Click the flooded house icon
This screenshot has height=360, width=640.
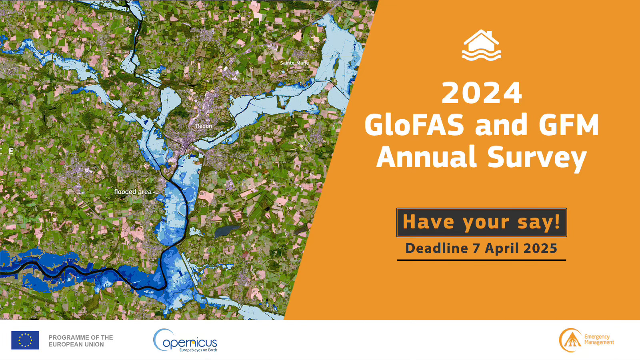pyautogui.click(x=482, y=45)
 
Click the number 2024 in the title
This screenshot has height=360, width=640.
pyautogui.click(x=482, y=93)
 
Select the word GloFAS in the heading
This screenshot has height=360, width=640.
pyautogui.click(x=414, y=125)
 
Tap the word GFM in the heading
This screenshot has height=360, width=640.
pyautogui.click(x=568, y=125)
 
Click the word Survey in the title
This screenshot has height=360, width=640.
pyautogui.click(x=537, y=159)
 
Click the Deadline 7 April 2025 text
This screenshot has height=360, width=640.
pyautogui.click(x=482, y=248)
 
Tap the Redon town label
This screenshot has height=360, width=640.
pyautogui.click(x=204, y=126)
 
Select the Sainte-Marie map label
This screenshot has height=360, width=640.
pyautogui.click(x=294, y=63)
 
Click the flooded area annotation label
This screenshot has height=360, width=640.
pyautogui.click(x=133, y=192)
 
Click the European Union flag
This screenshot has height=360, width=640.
pyautogui.click(x=25, y=340)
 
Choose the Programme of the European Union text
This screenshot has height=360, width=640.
pyautogui.click(x=80, y=341)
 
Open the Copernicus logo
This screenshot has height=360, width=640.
pyautogui.click(x=185, y=340)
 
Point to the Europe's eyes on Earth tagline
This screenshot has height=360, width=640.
pyautogui.click(x=198, y=350)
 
